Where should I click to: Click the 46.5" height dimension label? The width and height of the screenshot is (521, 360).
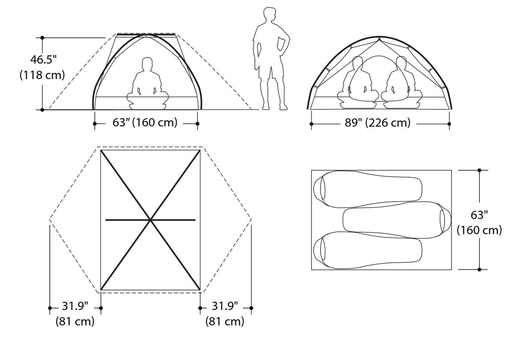[43, 60]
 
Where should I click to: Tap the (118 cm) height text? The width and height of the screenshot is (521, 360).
[42, 75]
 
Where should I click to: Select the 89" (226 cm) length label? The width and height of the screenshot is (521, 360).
[378, 123]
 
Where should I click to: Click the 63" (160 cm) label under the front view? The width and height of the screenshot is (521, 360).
[145, 123]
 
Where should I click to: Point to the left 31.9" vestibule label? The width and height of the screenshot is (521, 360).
[75, 306]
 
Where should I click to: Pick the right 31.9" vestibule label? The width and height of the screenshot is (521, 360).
[225, 306]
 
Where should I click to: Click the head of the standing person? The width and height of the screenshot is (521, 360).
[270, 15]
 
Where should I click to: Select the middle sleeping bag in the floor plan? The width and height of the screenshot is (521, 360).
[397, 220]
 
